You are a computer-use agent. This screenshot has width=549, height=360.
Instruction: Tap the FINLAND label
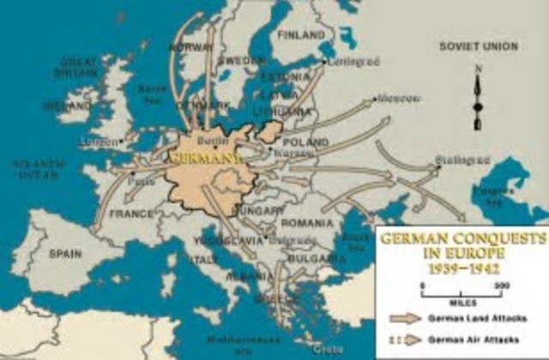click(300, 35)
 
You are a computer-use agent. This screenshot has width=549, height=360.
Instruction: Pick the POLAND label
click(305, 140)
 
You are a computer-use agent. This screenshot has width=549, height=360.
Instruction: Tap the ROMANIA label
click(306, 222)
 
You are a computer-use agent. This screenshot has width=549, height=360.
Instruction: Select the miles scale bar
click(462, 294)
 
